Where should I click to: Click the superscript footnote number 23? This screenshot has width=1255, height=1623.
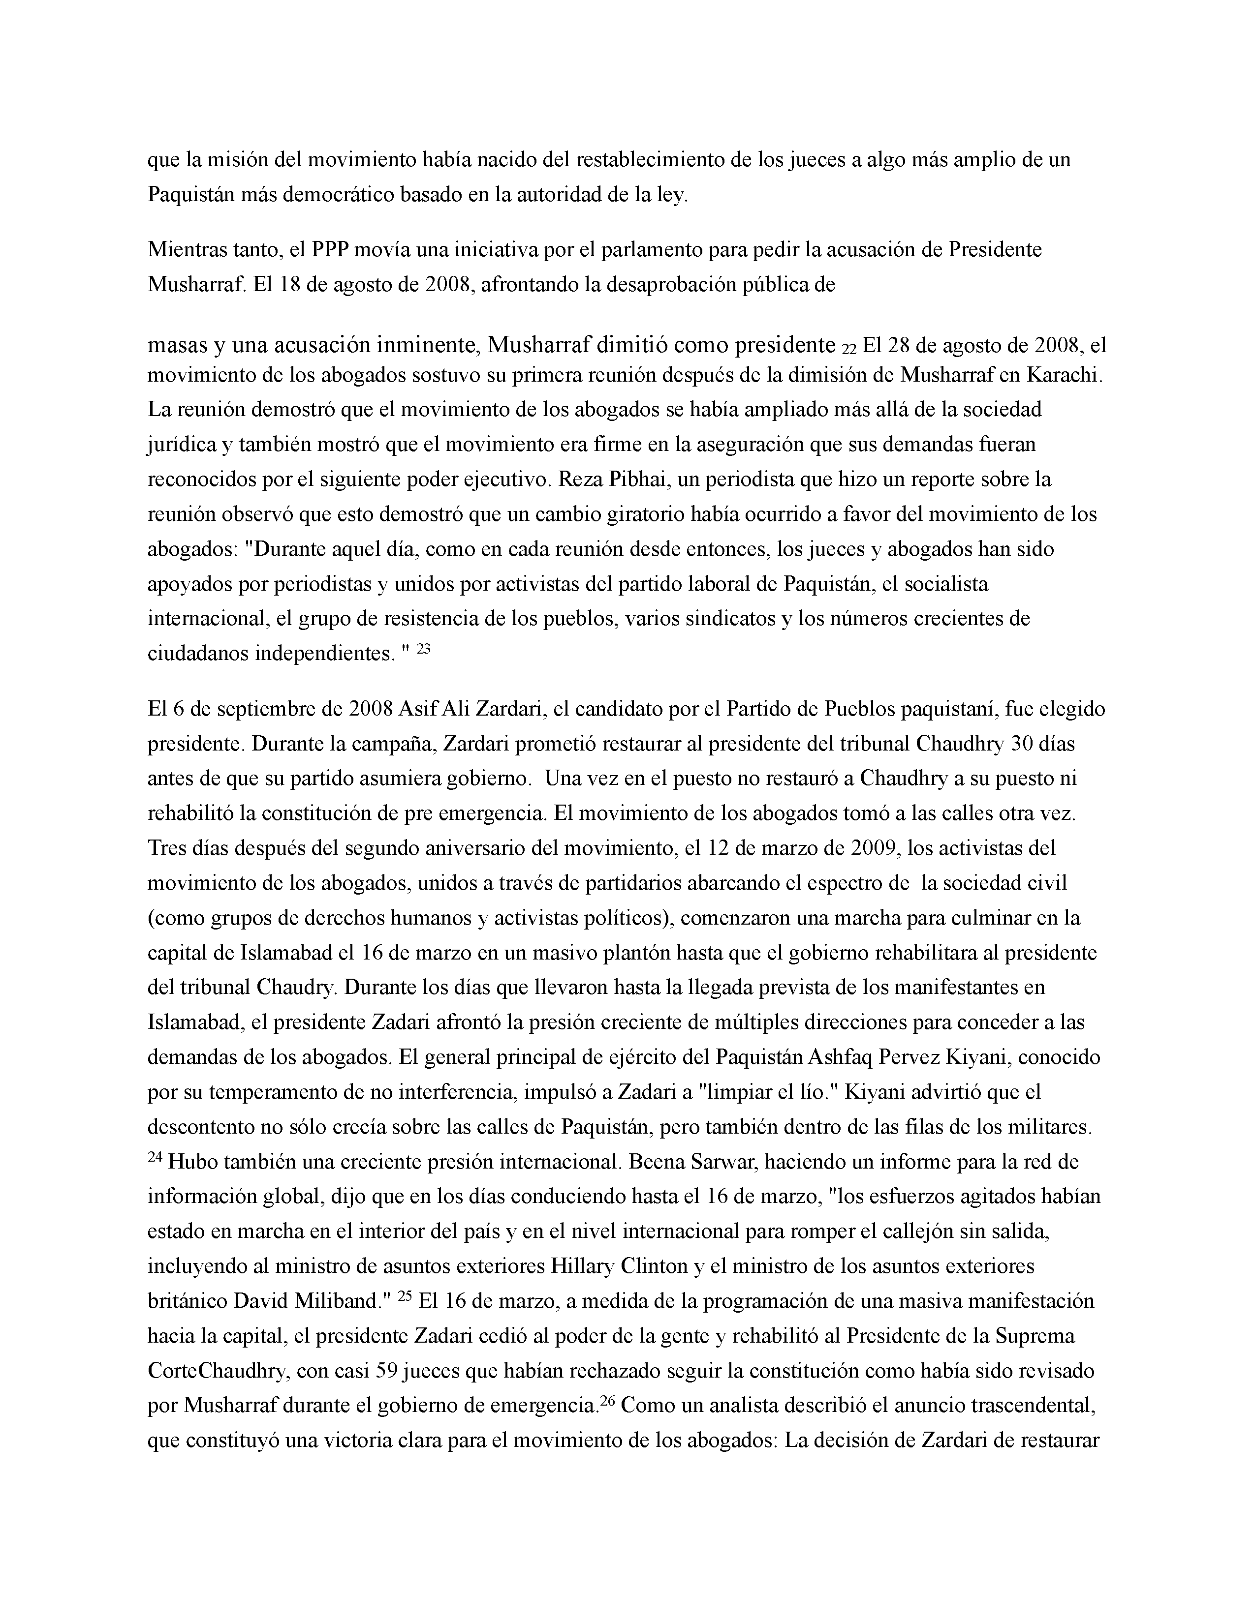point(423,648)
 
